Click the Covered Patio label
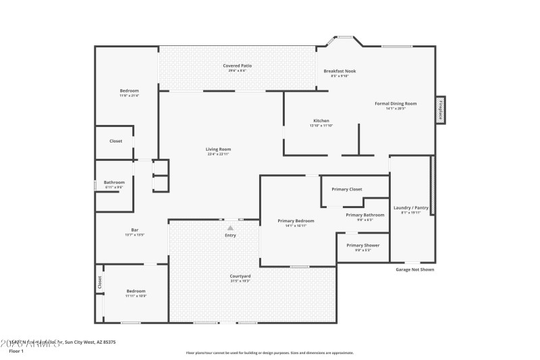(x=237, y=65)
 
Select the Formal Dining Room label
(x=396, y=103)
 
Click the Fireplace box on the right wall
(x=440, y=109)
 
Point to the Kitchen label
(x=321, y=121)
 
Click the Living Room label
(x=219, y=149)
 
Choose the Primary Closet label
(x=347, y=189)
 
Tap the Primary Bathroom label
(x=364, y=215)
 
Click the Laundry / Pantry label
(x=411, y=207)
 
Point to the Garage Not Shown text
(x=414, y=269)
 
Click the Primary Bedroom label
(x=296, y=221)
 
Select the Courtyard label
(x=240, y=276)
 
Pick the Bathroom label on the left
(x=114, y=182)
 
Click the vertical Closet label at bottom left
(x=99, y=282)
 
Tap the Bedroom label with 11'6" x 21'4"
(x=129, y=91)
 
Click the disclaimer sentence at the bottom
(x=269, y=353)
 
